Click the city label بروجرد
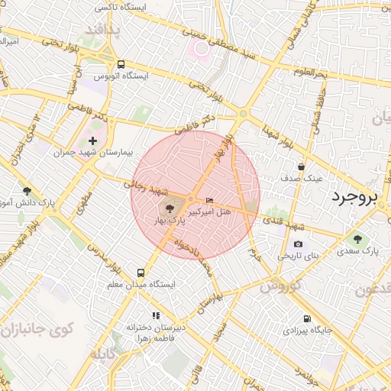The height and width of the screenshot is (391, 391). (355, 198)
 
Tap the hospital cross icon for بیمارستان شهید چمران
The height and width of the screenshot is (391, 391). (93, 141)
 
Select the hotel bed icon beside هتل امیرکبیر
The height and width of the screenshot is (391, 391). (211, 200)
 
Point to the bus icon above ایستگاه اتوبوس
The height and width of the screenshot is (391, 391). (121, 64)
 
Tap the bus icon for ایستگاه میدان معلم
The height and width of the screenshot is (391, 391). (141, 272)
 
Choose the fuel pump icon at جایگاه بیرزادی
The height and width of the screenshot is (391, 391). (307, 318)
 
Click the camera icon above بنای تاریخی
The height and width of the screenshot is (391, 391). (298, 244)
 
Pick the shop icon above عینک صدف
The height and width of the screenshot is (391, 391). (302, 166)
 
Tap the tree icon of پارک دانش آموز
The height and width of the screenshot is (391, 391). (27, 191)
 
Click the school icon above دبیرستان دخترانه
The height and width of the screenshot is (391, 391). (156, 315)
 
